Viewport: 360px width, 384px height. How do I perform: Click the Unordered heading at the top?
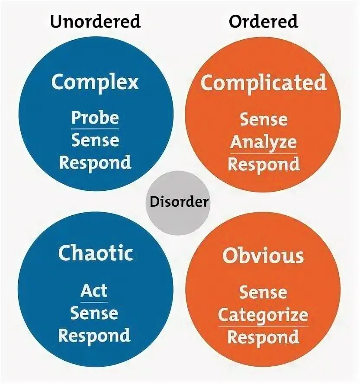(x=95, y=21)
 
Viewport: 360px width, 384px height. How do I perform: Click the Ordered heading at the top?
(x=264, y=21)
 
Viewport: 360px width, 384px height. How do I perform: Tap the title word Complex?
(x=95, y=82)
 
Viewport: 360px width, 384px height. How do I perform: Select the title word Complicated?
(x=263, y=83)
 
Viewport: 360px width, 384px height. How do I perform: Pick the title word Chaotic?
(x=95, y=253)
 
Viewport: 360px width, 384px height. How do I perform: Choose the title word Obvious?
(x=263, y=256)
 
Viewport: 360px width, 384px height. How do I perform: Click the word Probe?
(x=95, y=118)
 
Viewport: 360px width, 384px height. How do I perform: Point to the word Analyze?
(x=263, y=142)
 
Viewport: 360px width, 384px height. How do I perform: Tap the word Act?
(x=94, y=291)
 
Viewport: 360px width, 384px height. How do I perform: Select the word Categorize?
(x=263, y=315)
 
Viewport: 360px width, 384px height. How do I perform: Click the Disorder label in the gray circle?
(x=179, y=202)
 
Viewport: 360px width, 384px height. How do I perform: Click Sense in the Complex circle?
(x=95, y=141)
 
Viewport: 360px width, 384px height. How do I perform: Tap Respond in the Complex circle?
(x=95, y=163)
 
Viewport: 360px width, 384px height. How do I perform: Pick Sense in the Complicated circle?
(x=263, y=119)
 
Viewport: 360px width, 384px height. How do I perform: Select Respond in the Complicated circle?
(x=263, y=164)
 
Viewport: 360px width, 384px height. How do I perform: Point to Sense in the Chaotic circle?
(x=94, y=313)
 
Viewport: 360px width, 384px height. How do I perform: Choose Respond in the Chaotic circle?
(x=94, y=336)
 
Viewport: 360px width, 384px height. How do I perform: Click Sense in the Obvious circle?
(x=263, y=292)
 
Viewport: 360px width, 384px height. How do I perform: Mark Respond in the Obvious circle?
(x=263, y=337)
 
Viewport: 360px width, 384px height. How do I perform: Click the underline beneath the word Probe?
(x=95, y=128)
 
